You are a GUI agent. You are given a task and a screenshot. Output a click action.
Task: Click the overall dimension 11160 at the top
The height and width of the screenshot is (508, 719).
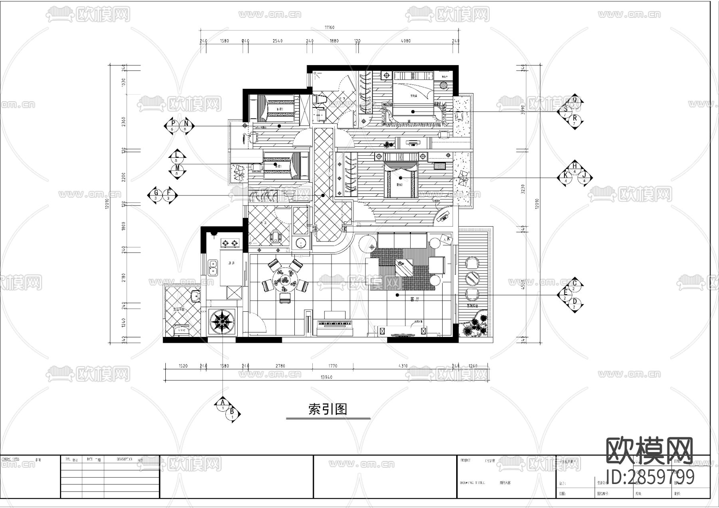point(329,28)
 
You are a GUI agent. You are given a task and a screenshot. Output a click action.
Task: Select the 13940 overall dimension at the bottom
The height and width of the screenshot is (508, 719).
point(326,377)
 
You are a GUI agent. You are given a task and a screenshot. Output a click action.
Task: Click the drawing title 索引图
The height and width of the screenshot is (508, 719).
point(328,409)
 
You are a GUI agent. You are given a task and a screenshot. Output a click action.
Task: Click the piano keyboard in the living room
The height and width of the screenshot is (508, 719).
point(335,323)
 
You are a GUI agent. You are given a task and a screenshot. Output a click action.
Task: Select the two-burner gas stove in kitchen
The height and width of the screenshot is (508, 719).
point(230,243)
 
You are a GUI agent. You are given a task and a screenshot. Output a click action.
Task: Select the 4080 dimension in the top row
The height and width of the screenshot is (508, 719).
point(405,41)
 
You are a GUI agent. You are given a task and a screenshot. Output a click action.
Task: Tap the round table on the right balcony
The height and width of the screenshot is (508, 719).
point(473,278)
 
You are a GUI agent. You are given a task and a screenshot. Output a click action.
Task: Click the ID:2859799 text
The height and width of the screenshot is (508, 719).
point(650,477)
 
